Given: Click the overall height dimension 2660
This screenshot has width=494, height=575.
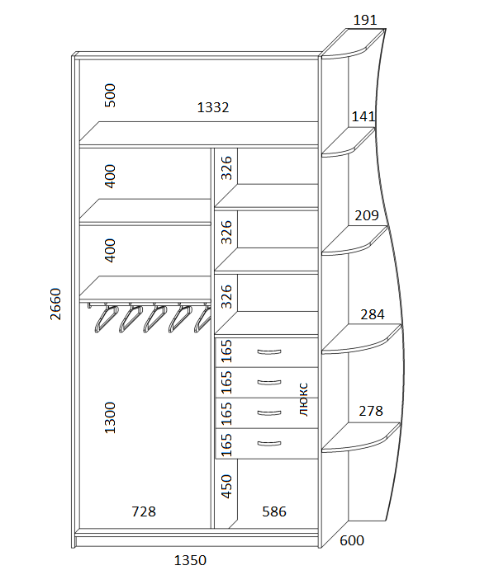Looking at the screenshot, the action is point(55,304).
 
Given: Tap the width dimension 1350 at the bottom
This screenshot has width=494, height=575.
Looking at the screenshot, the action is point(190,560).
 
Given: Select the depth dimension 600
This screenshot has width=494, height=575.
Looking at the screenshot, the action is point(352,540).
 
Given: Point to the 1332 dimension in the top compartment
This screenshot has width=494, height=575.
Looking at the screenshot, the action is point(213,107).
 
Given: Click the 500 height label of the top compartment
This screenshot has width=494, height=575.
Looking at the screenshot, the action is point(110,96).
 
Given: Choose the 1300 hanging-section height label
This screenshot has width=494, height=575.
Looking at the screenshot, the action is point(110,418).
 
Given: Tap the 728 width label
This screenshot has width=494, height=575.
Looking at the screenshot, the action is point(144,511).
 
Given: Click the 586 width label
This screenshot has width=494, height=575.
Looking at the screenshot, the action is point(274,511).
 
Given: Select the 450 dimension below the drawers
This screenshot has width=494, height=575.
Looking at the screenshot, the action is point(226,487).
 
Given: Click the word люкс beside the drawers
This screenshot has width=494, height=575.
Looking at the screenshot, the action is point(304,399).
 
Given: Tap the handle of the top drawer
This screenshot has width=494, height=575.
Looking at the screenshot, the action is point(269,352).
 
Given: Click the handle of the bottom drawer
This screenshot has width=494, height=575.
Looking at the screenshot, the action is point(269,444).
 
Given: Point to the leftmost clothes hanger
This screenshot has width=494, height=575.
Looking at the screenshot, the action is point(107,318).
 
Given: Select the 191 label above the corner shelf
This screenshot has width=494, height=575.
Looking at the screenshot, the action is point(365,20).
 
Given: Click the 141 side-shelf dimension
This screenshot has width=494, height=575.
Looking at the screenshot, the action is point(363,116).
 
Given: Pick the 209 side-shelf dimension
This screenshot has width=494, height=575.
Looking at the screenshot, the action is point(367,215).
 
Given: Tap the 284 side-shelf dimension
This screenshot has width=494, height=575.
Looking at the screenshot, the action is point(373,314).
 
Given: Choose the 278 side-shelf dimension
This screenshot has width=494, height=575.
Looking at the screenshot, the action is point(371,411).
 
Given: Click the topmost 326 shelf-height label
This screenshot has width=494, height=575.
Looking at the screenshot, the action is point(226,168).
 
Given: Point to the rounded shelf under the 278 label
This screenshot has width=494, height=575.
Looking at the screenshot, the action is point(362,437).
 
